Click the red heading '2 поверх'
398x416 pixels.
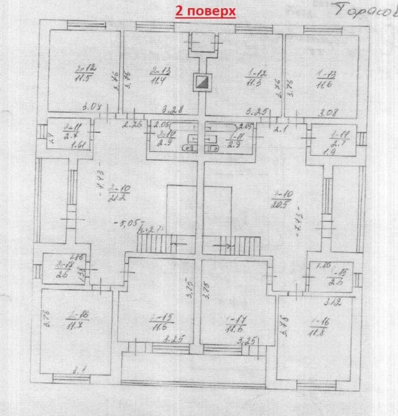point(205,12)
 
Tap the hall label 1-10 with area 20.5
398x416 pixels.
point(278,199)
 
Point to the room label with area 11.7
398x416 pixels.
point(81,322)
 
